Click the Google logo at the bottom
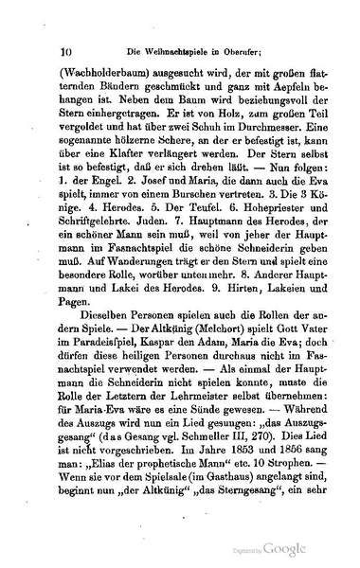pos(285,547)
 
